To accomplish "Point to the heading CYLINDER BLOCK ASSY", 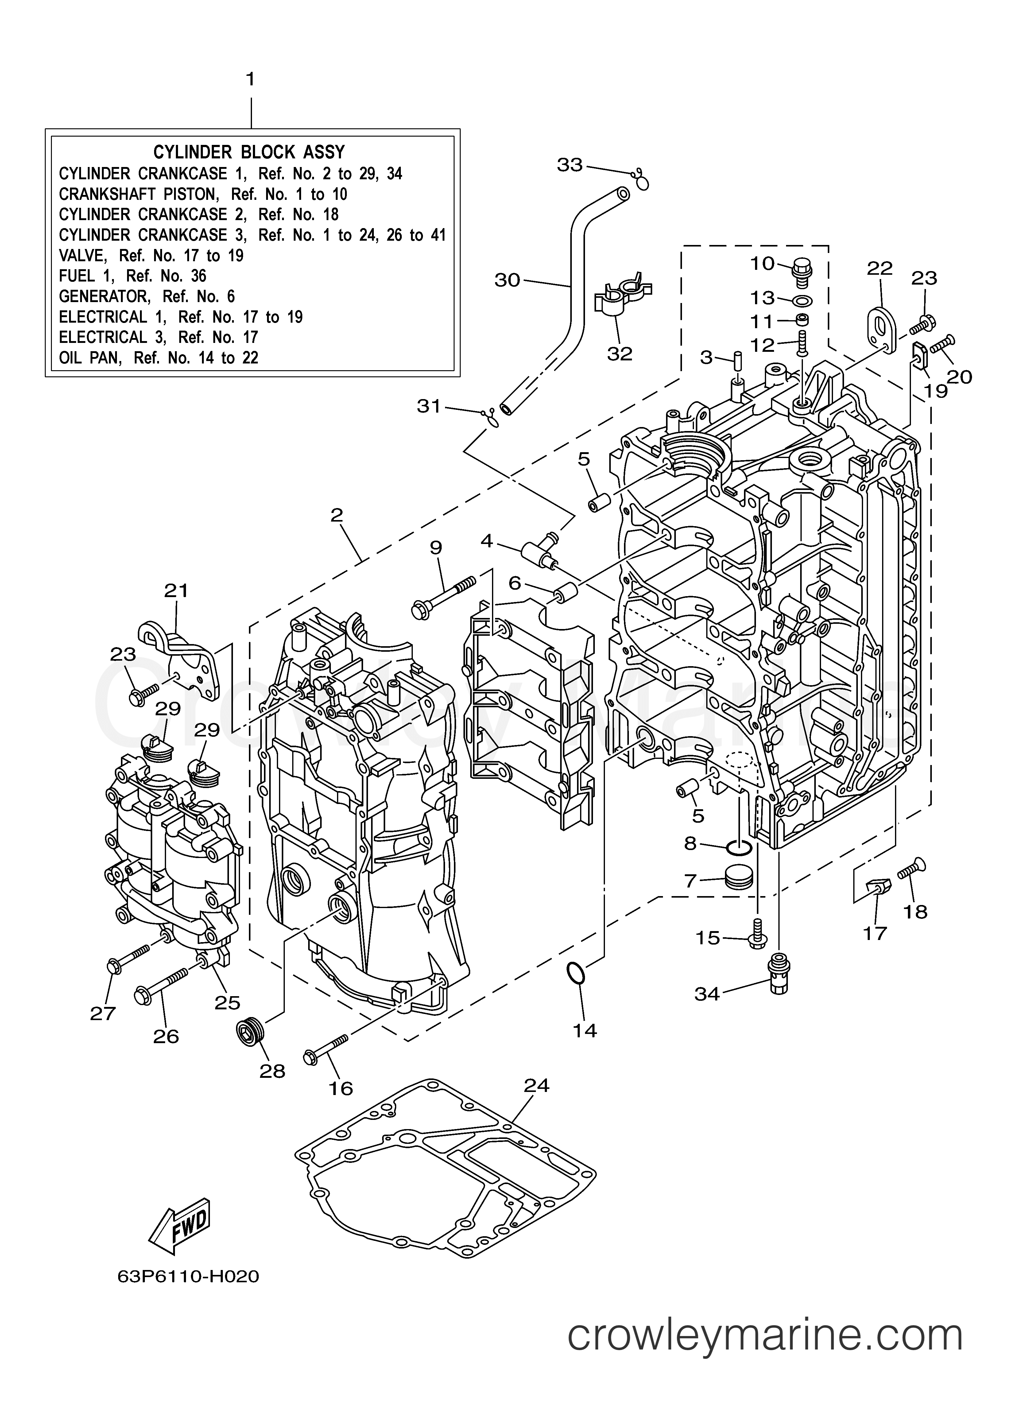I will [x=249, y=152].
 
